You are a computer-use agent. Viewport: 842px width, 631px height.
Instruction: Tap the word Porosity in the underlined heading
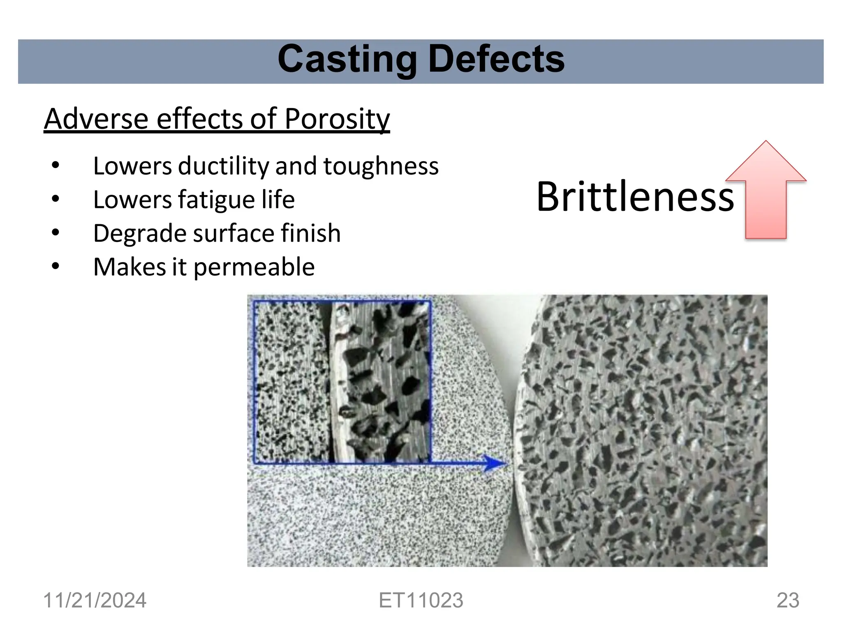point(337,119)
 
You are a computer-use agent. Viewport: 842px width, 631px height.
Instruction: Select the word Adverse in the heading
point(96,119)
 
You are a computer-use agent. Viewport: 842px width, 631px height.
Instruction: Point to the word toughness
point(381,166)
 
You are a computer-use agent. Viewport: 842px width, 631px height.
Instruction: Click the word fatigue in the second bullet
point(216,200)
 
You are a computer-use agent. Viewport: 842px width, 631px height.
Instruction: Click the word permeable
point(254,267)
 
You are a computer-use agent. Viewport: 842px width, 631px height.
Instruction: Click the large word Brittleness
point(635,197)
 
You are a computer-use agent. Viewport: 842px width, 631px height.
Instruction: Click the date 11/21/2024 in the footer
point(95,600)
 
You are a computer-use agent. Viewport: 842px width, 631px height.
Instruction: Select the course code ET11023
point(421,600)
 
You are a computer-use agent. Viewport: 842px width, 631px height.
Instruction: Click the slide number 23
point(788,600)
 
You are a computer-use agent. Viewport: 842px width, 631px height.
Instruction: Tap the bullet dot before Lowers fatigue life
point(56,200)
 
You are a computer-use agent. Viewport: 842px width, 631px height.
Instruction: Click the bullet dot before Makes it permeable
point(56,267)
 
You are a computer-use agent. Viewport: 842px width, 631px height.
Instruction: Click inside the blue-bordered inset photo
point(341,382)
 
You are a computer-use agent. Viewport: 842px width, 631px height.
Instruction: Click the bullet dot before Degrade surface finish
point(56,233)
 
